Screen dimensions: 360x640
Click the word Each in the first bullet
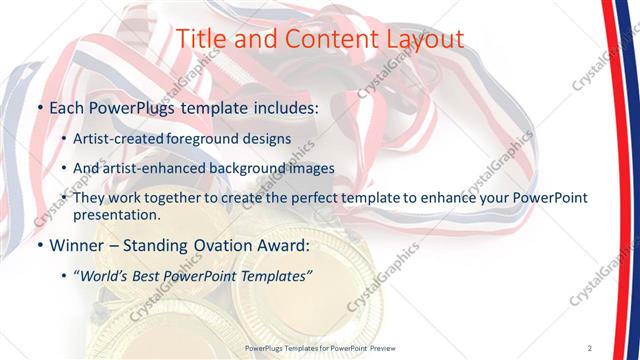coord(68,107)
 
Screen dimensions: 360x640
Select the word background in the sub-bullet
coord(263,168)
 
